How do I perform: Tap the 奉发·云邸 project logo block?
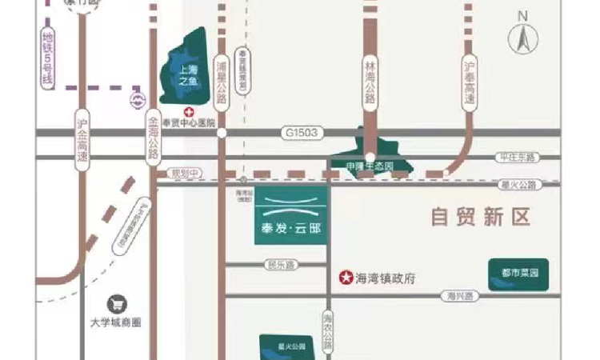[x=289, y=215]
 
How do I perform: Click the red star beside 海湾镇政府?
[x=346, y=278]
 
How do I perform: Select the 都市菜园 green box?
[x=518, y=274]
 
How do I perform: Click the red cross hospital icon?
[x=190, y=112]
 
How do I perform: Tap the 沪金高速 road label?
[x=82, y=139]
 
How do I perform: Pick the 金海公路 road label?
[x=153, y=138]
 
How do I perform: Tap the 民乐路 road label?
[x=281, y=264]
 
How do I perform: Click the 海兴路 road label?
[x=461, y=296]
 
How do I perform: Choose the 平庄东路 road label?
[x=516, y=158]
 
